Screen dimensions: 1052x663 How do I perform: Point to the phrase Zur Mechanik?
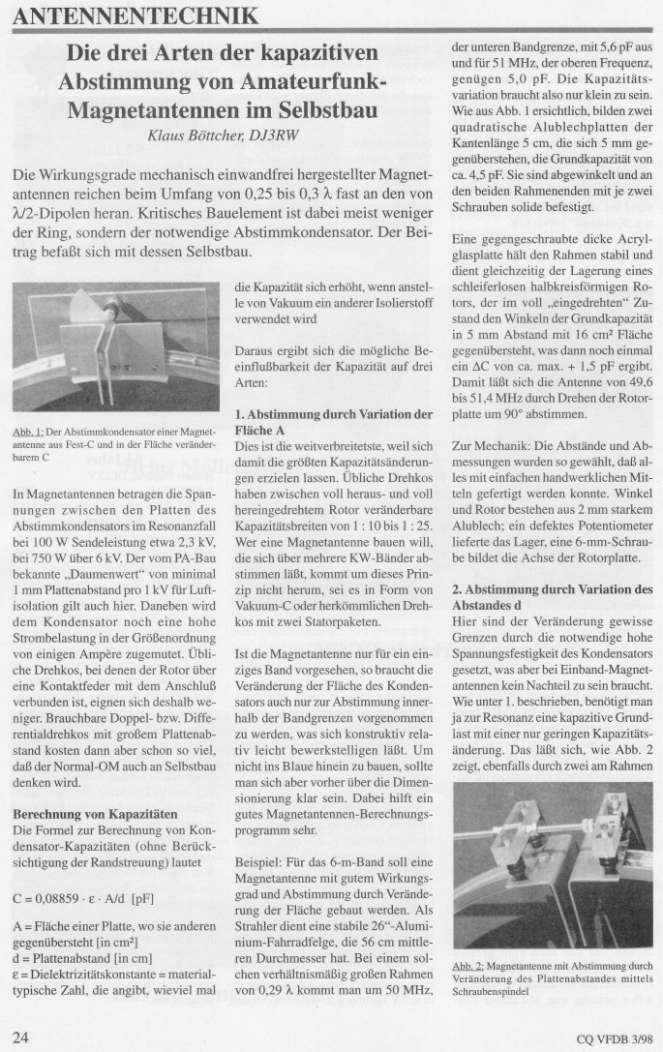[x=491, y=449]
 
